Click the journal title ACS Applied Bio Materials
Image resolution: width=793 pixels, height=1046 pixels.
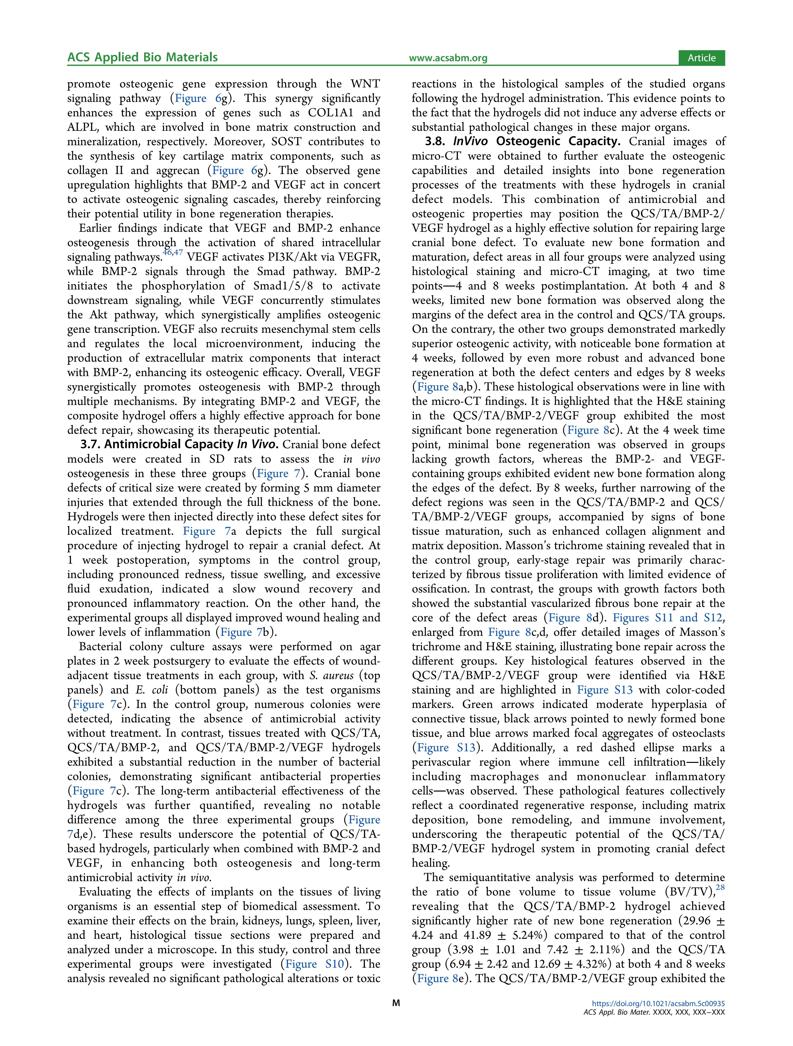tap(142, 58)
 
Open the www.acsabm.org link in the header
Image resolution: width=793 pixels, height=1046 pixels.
tap(448, 58)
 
